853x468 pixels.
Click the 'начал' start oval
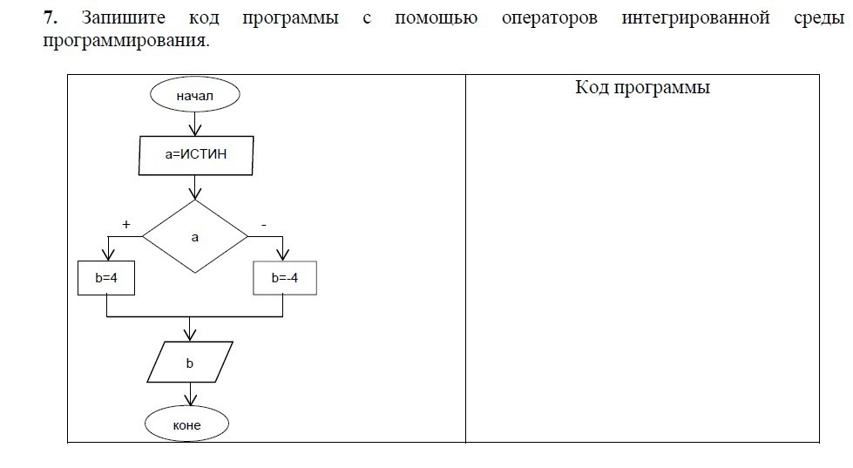pos(194,95)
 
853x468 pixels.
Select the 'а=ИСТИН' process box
pos(196,156)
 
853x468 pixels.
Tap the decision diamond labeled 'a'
pos(195,236)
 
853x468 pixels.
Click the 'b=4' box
pos(106,278)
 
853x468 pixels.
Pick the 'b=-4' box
pos(285,278)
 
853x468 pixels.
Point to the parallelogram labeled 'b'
pos(190,362)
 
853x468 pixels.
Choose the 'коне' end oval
pos(187,425)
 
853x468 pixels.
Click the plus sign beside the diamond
pos(126,224)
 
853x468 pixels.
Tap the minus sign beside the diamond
pos(263,225)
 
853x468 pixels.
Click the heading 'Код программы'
pos(643,87)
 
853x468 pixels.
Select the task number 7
pos(51,17)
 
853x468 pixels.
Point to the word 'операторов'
pos(550,17)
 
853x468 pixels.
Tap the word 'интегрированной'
pos(696,17)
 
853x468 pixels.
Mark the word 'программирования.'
pos(126,40)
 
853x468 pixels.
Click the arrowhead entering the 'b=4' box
pos(106,255)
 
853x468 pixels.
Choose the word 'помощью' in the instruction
pos(436,17)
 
